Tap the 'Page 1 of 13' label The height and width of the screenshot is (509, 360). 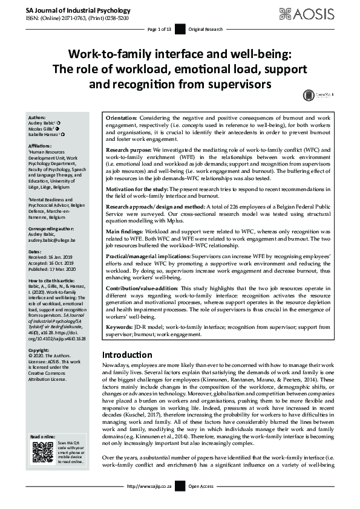pos(160,29)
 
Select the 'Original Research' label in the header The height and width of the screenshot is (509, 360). pos(206,29)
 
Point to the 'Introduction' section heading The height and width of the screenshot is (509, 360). pos(126,355)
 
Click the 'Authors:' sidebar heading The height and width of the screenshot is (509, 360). pos(37,117)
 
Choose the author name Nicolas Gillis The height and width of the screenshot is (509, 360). pos(43,128)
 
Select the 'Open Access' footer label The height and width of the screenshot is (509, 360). pos(201,503)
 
